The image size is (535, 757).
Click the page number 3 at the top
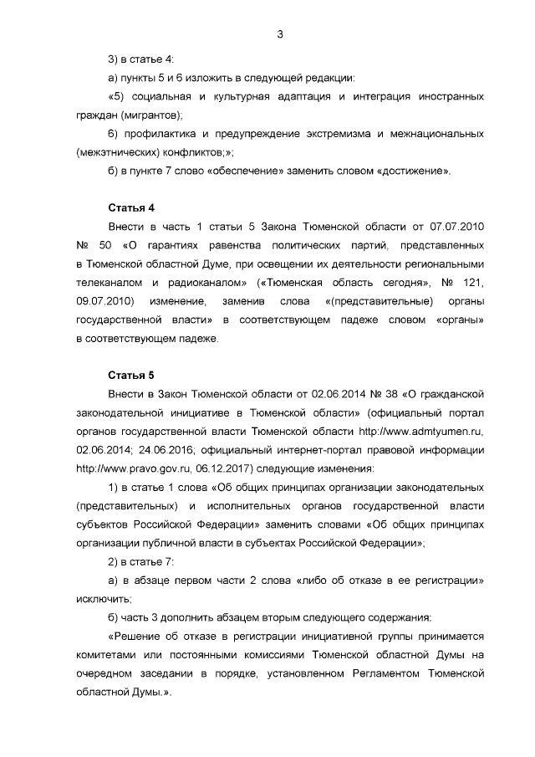pyautogui.click(x=280, y=34)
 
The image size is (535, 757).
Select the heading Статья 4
pyautogui.click(x=131, y=207)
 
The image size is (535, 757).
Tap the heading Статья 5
pyautogui.click(x=131, y=373)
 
